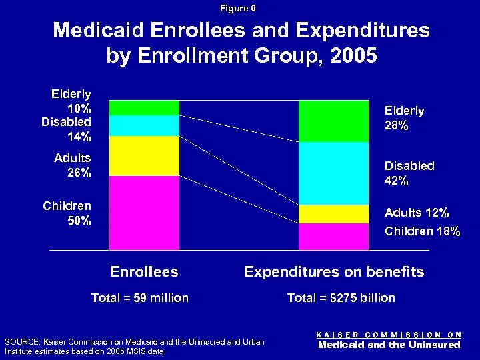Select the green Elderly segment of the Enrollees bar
pos(145,107)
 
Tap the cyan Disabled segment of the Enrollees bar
pos(145,125)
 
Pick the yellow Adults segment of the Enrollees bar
pos(145,155)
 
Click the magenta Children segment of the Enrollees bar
pos(145,212)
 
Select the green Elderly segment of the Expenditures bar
pos(333,121)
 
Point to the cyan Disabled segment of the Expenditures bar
pos(333,173)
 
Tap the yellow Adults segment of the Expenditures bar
pos(333,213)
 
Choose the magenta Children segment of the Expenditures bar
pos(333,236)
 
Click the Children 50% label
pos(67,213)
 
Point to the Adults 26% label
pos(73,165)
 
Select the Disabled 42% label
pos(409,173)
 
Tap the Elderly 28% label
pos(404,118)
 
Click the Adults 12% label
pos(417,213)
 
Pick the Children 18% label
pos(422,231)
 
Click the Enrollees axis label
pos(144,271)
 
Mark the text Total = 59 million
pos(140,298)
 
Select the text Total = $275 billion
pos(341,298)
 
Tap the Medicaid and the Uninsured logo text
pos(389,345)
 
